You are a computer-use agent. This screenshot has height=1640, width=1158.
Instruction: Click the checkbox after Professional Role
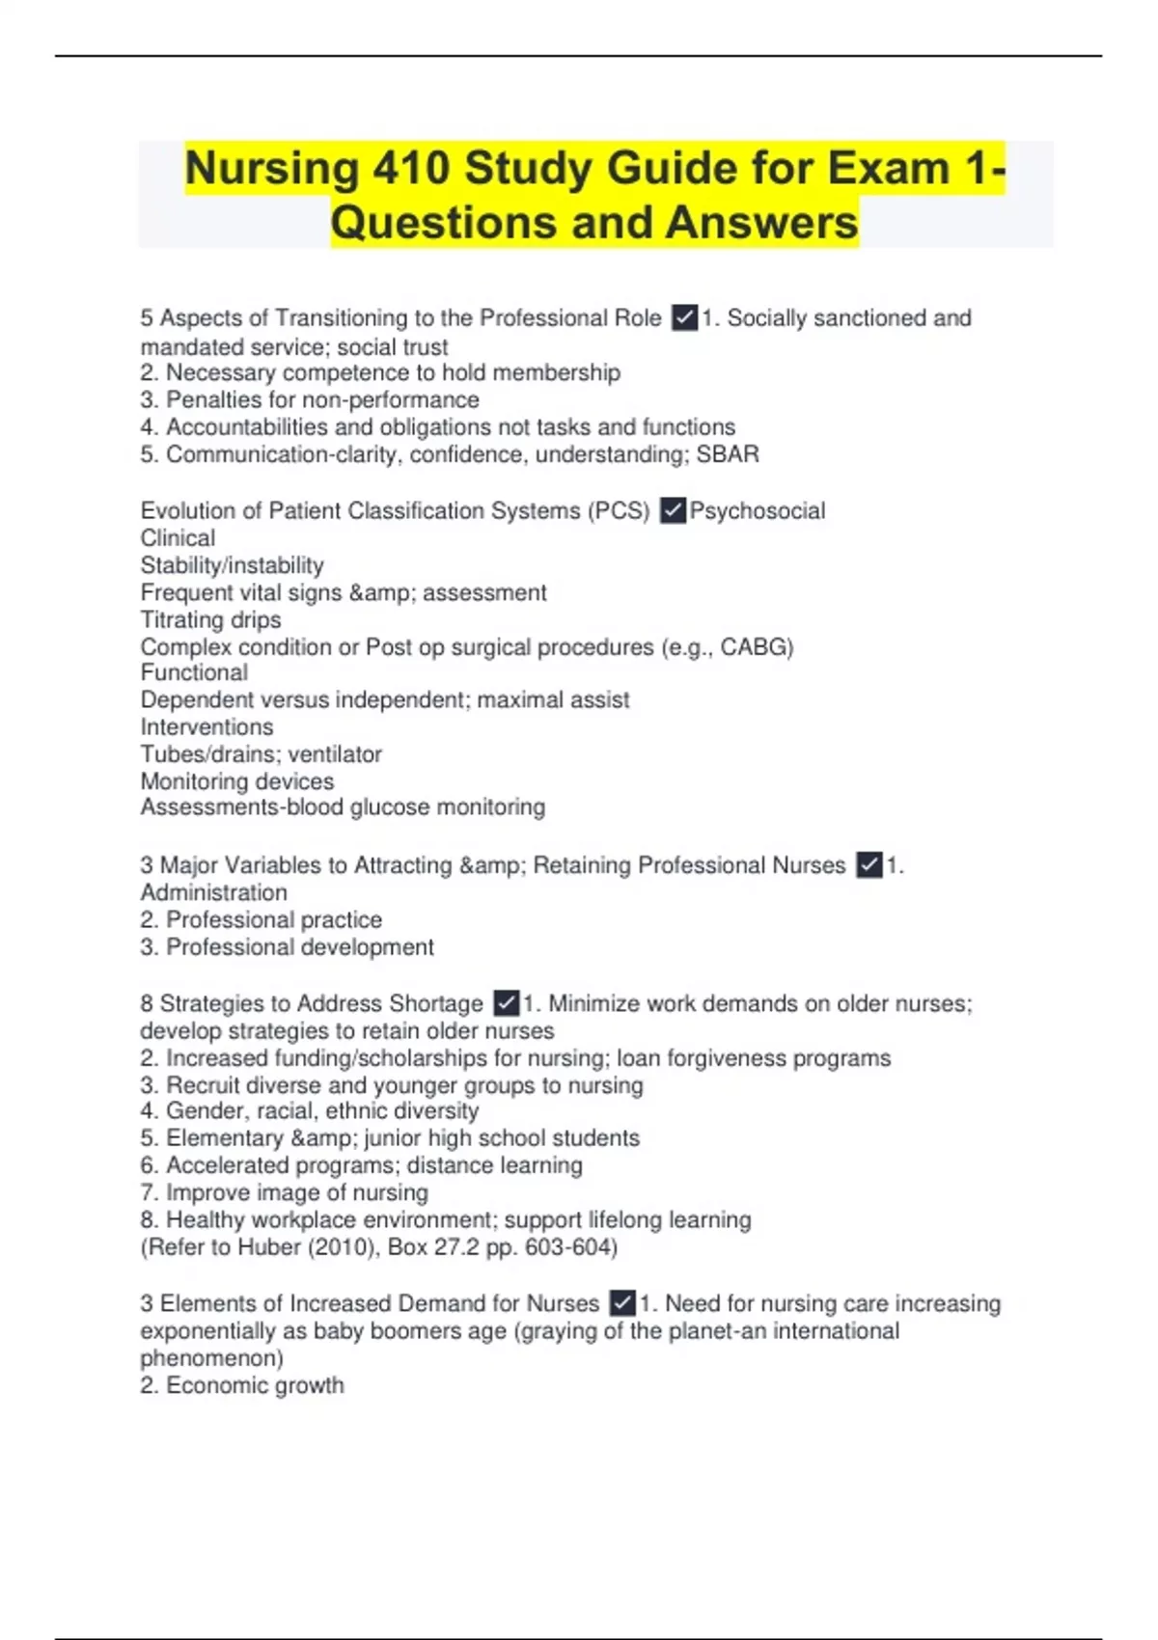[x=684, y=317]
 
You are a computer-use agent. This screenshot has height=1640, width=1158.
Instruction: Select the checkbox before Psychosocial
[x=673, y=510]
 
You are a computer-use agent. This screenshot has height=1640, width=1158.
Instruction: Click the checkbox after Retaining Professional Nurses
[x=869, y=864]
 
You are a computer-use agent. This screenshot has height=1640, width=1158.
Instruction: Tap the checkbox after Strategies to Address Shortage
[x=506, y=1003]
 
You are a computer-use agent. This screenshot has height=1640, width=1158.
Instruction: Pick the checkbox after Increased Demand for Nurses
[x=622, y=1303]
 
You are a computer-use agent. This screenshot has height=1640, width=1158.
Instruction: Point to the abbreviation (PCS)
[x=619, y=510]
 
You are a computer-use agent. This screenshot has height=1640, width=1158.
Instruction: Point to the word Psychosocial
[x=758, y=510]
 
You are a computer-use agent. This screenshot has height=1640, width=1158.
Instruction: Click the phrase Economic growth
[x=255, y=1385]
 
